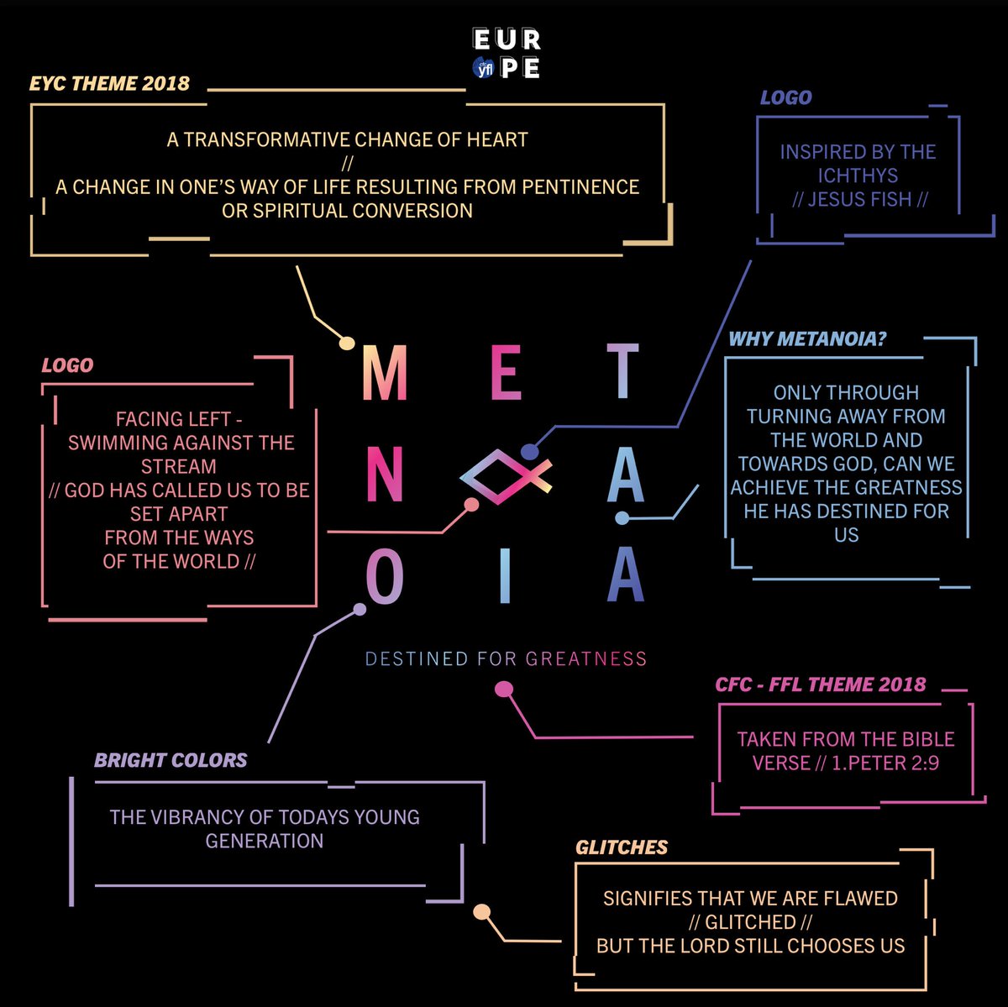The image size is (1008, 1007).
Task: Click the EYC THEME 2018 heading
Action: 109,83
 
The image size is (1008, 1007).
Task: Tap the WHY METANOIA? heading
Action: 807,339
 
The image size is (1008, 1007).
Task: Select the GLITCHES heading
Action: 622,847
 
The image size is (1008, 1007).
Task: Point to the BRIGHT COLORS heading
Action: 171,760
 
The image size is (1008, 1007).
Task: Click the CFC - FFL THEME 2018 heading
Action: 820,684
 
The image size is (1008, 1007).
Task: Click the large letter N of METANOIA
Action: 385,475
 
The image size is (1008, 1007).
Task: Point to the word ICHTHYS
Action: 858,176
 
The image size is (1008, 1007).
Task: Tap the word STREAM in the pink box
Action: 179,466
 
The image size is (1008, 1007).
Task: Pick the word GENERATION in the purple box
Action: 265,841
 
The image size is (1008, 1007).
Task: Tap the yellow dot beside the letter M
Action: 346,343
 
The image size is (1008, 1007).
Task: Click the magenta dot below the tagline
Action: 503,690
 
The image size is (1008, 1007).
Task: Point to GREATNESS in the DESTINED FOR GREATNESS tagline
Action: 586,658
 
